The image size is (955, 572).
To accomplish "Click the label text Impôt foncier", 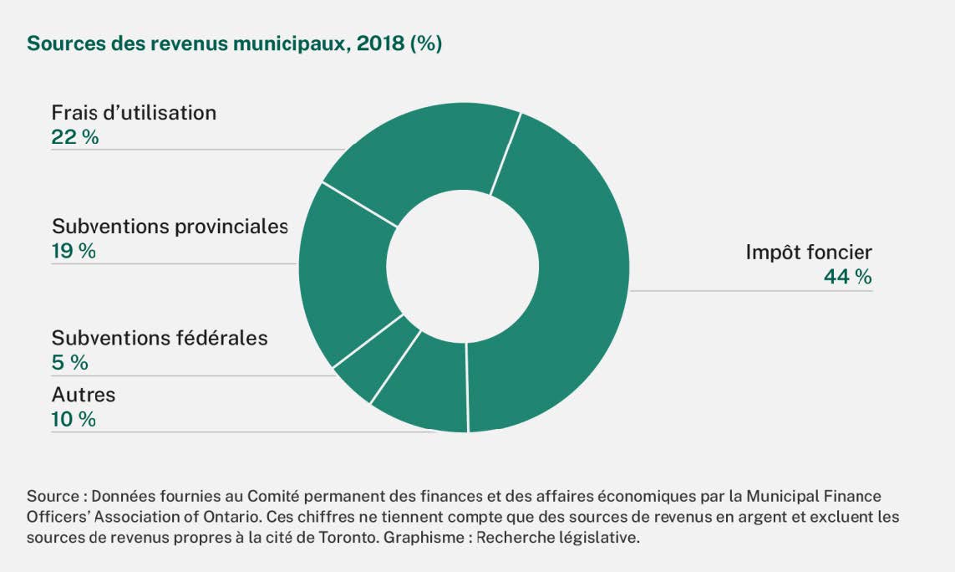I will point(808,252).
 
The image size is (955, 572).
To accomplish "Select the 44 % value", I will point(847,277).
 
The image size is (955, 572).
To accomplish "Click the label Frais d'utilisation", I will point(134,112).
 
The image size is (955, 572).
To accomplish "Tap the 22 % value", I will point(74,137).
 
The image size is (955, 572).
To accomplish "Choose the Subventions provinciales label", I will point(170,226).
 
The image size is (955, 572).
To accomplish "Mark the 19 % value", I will point(74,251).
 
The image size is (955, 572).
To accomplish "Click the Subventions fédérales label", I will point(160,338).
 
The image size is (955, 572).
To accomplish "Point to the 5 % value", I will point(69,363).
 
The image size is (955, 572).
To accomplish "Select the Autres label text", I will point(84,395).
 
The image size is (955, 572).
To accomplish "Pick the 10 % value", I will point(74,419).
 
